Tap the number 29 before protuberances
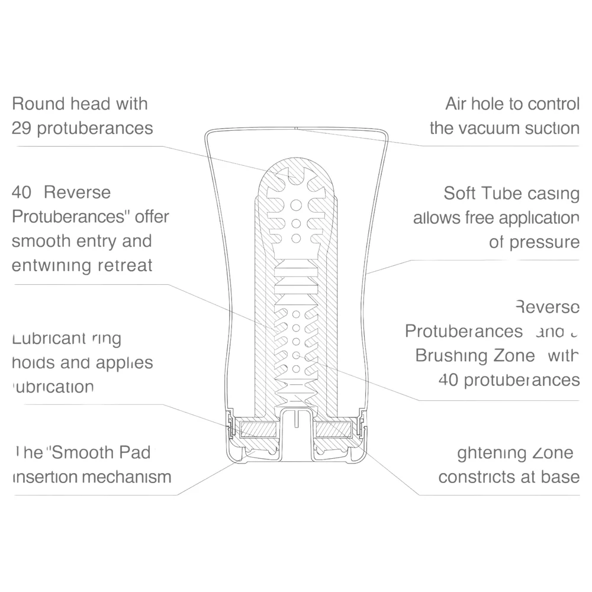pos(22,128)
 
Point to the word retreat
pos(124,265)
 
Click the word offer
pos(152,217)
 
